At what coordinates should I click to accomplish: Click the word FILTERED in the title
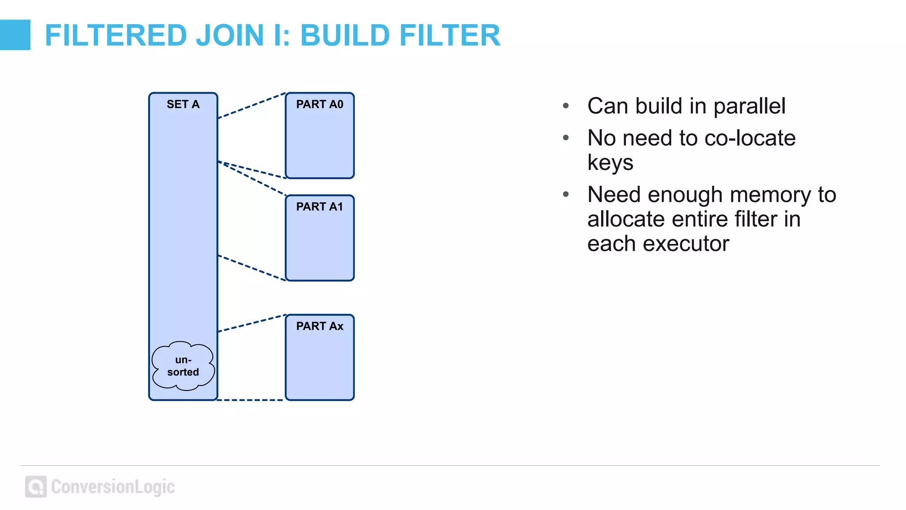point(116,35)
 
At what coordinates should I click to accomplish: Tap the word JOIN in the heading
point(230,35)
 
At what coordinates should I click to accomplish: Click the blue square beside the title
point(15,35)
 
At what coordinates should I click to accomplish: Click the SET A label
point(183,104)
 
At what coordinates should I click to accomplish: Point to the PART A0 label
point(319,104)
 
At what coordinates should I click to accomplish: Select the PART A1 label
point(319,207)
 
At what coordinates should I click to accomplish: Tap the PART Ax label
point(319,326)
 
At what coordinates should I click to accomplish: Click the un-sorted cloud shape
point(183,366)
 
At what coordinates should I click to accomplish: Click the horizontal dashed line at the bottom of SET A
point(251,400)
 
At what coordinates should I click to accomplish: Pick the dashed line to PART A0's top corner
point(252,105)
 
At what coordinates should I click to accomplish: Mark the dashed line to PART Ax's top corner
point(252,323)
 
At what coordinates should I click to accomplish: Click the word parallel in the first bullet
point(749,106)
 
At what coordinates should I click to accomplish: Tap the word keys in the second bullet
point(610,162)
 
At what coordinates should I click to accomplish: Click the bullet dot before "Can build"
point(566,106)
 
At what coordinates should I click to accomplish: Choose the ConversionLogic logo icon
point(36,487)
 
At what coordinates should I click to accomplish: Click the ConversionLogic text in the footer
point(113,487)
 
